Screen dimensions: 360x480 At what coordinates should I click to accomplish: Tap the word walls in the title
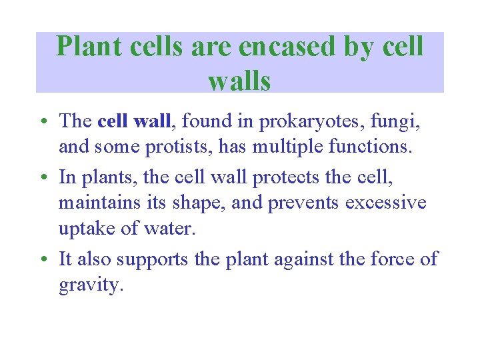coord(239,81)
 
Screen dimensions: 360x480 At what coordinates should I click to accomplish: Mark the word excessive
coord(385,202)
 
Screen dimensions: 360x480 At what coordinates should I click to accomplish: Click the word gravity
coord(91,285)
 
